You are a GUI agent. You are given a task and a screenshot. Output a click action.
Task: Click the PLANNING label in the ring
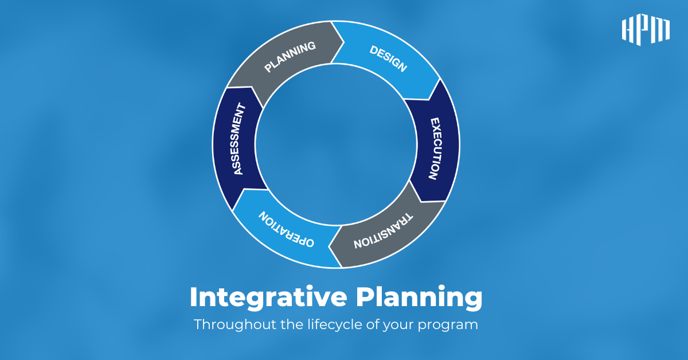(290, 57)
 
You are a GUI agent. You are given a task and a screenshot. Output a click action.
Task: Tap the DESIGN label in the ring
(389, 58)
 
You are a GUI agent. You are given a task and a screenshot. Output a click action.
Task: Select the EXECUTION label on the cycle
(436, 148)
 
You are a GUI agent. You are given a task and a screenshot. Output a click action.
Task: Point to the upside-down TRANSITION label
(384, 230)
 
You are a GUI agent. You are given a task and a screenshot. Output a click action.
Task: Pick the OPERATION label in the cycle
(286, 229)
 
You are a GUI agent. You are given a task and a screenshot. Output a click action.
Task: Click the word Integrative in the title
(268, 298)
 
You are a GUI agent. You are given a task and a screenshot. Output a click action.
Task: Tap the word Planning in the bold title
(419, 298)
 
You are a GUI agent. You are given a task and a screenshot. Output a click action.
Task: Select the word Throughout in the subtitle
(235, 324)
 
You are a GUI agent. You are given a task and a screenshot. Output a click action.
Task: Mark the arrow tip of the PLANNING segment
(344, 42)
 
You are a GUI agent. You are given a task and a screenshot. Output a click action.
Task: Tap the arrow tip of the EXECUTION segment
(421, 202)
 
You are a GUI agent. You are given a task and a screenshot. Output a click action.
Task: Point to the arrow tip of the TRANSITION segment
(329, 246)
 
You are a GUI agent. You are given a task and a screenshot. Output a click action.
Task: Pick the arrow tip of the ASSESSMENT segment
(252, 87)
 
